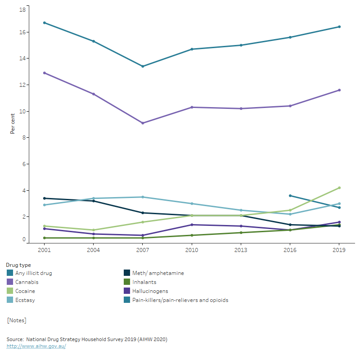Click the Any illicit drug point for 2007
coord(143,66)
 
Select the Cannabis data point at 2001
coord(44,73)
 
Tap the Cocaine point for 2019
coord(339,188)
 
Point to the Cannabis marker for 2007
coord(143,123)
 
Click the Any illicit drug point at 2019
coord(339,27)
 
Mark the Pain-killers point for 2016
coord(290,196)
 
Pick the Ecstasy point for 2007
coord(143,197)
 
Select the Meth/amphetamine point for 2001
coord(44,198)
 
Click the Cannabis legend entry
coord(27,282)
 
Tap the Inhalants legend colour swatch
coord(127,282)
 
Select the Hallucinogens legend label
coord(150,291)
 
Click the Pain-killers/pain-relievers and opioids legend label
coord(180,300)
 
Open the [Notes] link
coord(17,320)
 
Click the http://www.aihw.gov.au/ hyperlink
coord(36,346)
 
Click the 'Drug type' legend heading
coord(18,265)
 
